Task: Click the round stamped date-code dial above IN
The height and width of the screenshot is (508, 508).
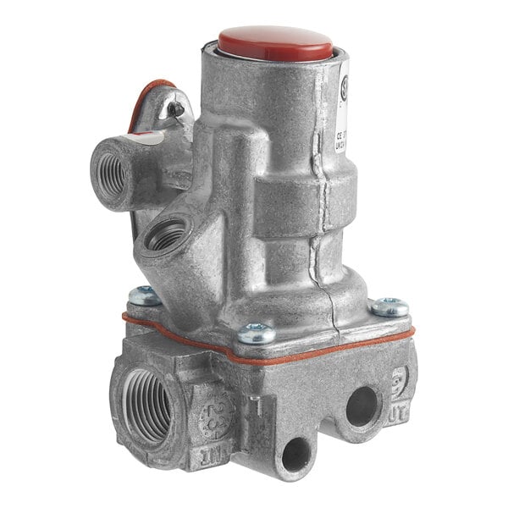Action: click(207, 414)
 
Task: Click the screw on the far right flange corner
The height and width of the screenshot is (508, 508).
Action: click(390, 306)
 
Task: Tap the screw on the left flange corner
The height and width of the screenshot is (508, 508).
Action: click(145, 295)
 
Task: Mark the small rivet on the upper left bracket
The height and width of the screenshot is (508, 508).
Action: click(175, 108)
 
